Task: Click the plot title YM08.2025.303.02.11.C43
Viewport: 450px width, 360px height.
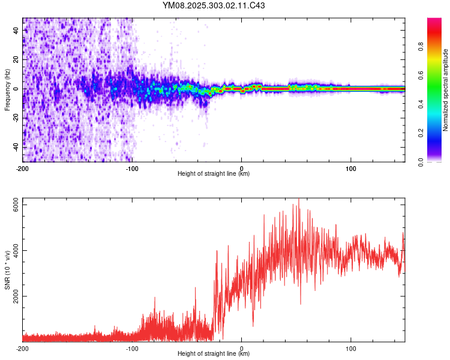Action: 214,6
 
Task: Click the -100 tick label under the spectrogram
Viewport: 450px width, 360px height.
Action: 132,167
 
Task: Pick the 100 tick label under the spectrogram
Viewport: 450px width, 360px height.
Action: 350,167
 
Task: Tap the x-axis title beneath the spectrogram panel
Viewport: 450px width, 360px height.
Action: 214,174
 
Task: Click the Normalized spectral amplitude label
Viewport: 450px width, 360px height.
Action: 446,91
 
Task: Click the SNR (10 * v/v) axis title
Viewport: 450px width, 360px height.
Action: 7,269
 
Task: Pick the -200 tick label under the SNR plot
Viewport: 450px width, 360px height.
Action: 23,349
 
